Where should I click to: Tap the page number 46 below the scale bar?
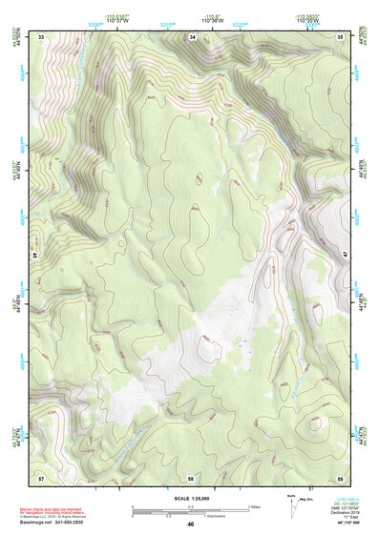pyautogui.click(x=191, y=525)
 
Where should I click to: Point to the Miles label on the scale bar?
pyautogui.click(x=254, y=506)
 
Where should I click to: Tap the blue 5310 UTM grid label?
pyautogui.click(x=168, y=25)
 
